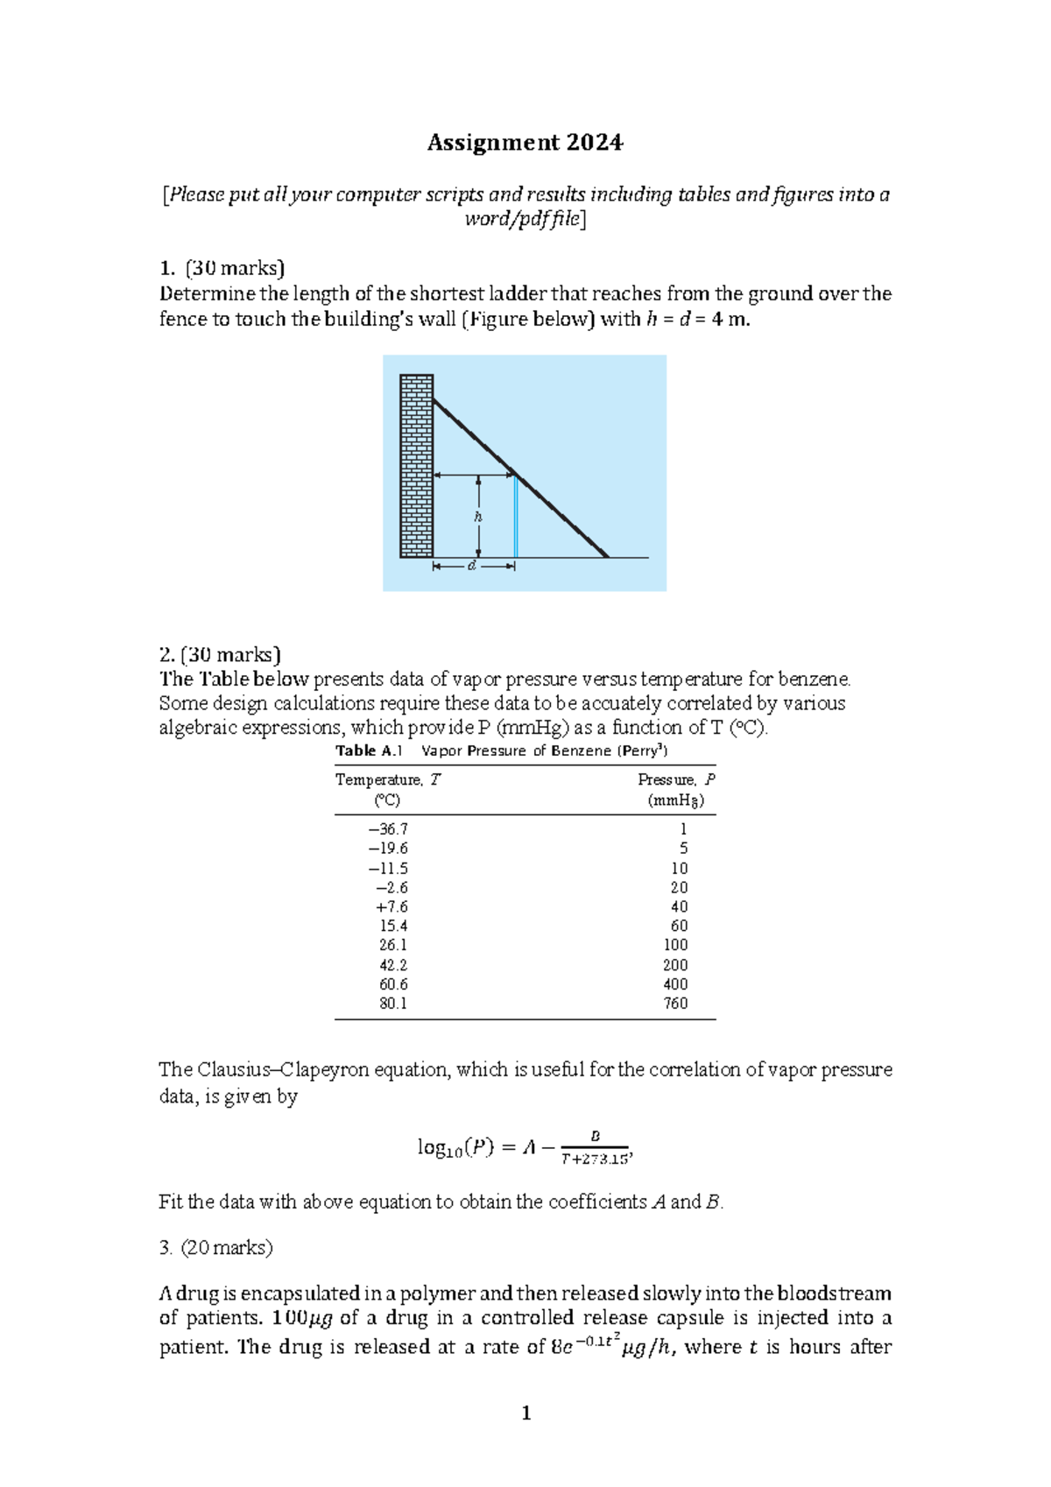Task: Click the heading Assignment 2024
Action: click(x=525, y=143)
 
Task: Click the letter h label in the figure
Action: click(x=478, y=517)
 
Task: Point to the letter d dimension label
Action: click(x=472, y=567)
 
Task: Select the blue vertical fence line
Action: click(x=515, y=517)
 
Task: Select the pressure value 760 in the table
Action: click(x=675, y=1004)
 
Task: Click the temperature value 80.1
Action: click(x=393, y=1004)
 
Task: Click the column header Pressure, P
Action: click(x=676, y=779)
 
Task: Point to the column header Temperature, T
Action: click(x=388, y=779)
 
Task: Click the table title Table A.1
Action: click(x=369, y=751)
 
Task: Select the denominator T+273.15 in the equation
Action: click(x=595, y=1159)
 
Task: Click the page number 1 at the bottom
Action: click(x=525, y=1413)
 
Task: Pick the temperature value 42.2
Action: click(x=393, y=965)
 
